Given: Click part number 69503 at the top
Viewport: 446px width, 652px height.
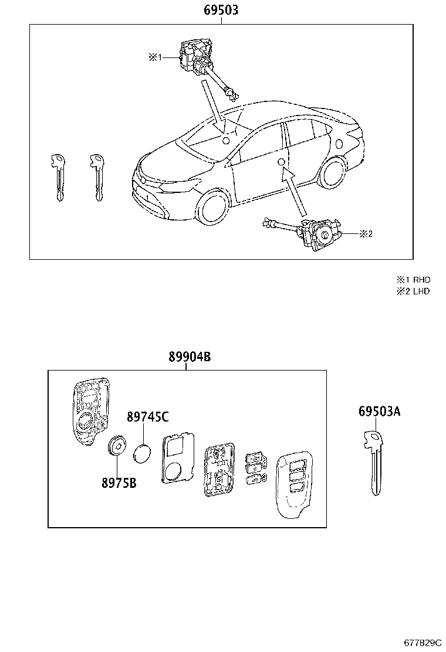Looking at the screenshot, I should [x=221, y=10].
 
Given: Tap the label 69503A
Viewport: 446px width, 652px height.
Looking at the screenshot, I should [x=379, y=412].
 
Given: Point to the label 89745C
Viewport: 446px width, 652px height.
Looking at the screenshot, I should [x=148, y=417].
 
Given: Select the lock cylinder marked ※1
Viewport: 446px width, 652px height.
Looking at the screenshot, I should [x=197, y=57].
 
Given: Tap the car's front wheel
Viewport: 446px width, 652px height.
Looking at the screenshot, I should [x=213, y=208].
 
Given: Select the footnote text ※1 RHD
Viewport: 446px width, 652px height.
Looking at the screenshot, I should [x=414, y=280].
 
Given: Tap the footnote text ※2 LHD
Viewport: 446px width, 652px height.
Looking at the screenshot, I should [x=414, y=291].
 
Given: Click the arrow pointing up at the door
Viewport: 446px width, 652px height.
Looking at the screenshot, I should [x=295, y=191].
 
